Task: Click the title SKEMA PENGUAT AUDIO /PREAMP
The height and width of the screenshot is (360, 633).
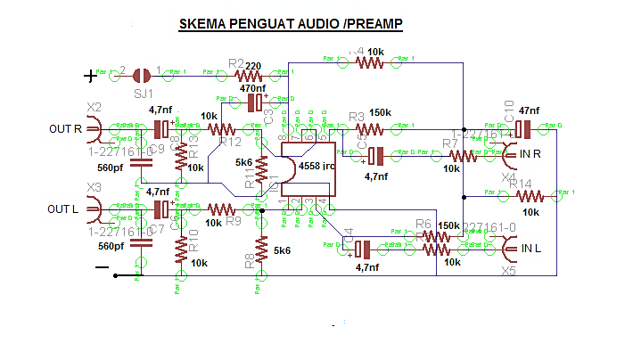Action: (x=290, y=25)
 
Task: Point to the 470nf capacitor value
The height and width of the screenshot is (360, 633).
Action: (x=252, y=88)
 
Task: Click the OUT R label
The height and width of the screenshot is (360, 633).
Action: (x=66, y=129)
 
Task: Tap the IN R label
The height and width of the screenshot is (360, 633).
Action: (x=533, y=155)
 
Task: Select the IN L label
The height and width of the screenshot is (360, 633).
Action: (x=532, y=248)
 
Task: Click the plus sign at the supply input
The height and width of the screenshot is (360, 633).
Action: (x=89, y=77)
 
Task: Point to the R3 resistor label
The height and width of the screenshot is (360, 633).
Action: (x=357, y=118)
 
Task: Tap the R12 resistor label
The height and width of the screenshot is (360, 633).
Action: (x=230, y=143)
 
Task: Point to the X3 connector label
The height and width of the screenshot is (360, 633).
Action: (x=94, y=187)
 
